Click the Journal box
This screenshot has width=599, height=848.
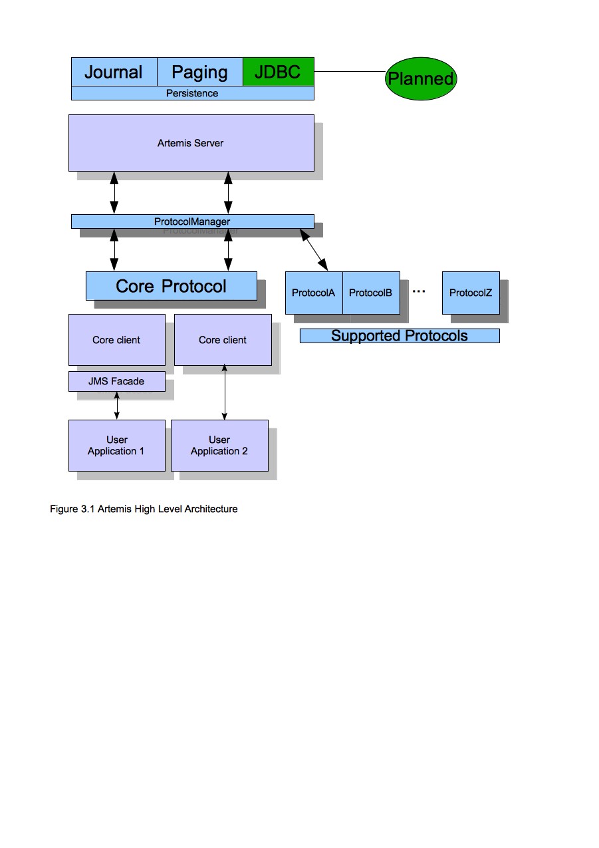click(x=114, y=72)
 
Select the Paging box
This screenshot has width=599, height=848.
click(x=199, y=72)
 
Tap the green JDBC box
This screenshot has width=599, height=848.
click(x=278, y=72)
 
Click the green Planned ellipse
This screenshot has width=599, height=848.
click(x=421, y=78)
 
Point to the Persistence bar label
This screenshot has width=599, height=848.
click(x=192, y=93)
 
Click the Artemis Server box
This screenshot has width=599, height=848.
click(x=191, y=143)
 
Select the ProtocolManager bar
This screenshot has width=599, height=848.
click(x=192, y=221)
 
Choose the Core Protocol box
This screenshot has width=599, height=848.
click(x=171, y=286)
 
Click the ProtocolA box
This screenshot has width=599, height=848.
click(x=313, y=293)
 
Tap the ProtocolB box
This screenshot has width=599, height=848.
click(x=370, y=293)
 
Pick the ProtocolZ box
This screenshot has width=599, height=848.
click(x=470, y=293)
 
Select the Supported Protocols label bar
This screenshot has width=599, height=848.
click(x=399, y=336)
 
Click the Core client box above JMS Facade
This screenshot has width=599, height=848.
click(x=116, y=340)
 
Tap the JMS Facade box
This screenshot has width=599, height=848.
click(x=116, y=382)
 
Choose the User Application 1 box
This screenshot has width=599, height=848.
click(x=116, y=445)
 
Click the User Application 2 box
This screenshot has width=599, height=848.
click(x=219, y=445)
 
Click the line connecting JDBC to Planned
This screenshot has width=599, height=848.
click(x=349, y=72)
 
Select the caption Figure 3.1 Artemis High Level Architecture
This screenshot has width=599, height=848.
click(x=144, y=509)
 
